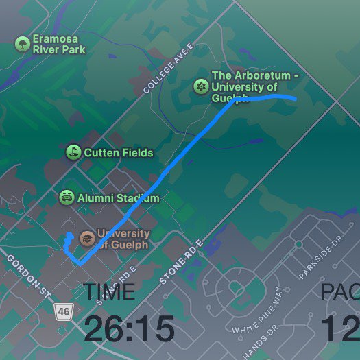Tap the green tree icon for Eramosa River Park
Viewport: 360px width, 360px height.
point(22,45)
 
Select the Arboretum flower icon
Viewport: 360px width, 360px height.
point(200,86)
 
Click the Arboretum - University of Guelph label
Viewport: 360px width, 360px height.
point(254,86)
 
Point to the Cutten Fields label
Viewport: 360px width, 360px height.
point(118,152)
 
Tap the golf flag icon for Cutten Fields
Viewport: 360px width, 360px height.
point(73,152)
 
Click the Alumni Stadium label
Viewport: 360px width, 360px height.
point(119,198)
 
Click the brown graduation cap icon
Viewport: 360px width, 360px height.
point(87,238)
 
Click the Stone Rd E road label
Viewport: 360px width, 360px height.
point(182,263)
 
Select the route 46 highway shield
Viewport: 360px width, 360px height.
point(64,311)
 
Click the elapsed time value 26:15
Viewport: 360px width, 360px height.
point(129,329)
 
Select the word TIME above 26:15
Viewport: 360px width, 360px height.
point(109,291)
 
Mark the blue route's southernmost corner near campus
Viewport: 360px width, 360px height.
point(80,263)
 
